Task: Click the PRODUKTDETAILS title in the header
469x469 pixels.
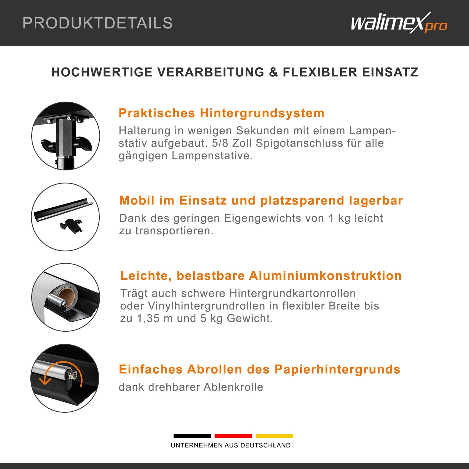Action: (x=98, y=23)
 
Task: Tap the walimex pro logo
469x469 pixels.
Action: (x=399, y=23)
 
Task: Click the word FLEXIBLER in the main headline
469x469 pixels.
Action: (x=320, y=72)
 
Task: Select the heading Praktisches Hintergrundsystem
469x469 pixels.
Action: (x=221, y=113)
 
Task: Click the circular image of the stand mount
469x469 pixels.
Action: (x=66, y=136)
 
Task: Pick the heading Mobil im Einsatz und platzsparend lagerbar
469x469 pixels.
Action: (x=261, y=200)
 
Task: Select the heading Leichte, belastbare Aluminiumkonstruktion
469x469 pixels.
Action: (x=261, y=275)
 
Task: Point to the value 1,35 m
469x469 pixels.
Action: (x=155, y=318)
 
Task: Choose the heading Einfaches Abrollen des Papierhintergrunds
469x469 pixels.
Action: (x=260, y=369)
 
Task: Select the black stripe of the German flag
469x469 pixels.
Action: (x=192, y=436)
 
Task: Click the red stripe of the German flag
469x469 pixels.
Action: (x=233, y=436)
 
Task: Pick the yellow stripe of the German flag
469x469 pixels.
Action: (x=274, y=436)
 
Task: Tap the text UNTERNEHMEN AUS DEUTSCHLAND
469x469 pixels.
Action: (x=231, y=445)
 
